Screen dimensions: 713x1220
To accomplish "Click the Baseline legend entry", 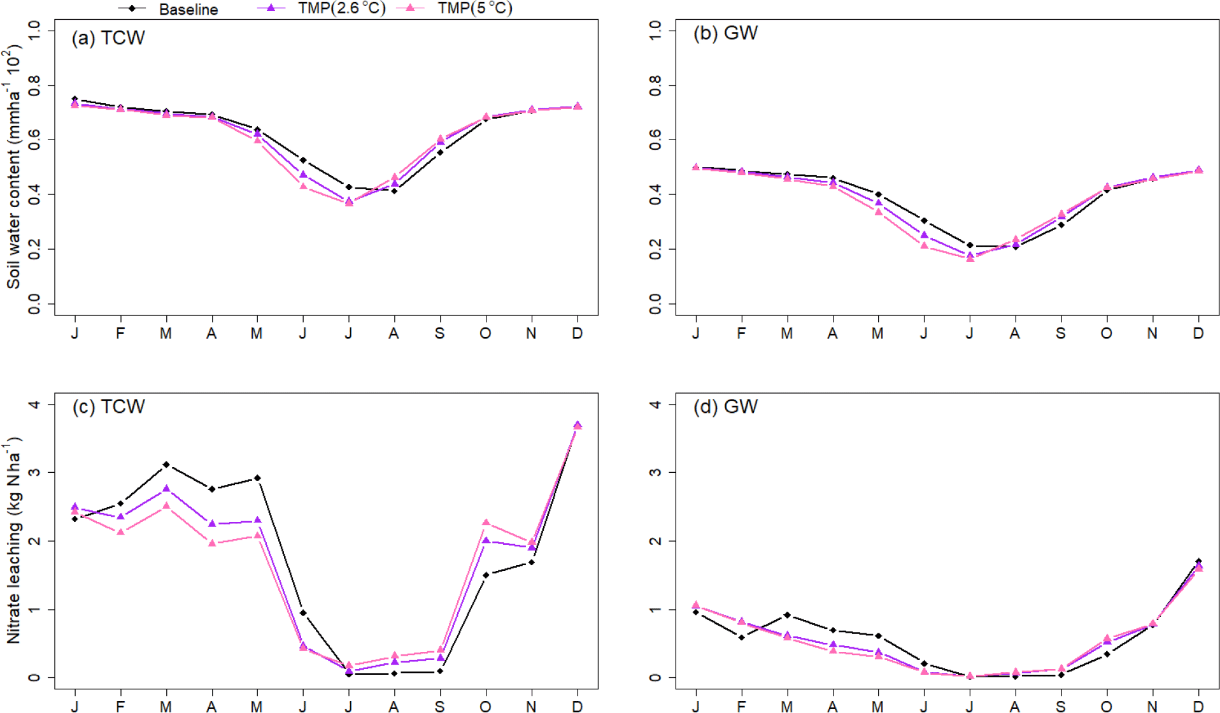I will [x=188, y=10].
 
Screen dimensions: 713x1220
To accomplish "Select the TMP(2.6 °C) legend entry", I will [x=341, y=8].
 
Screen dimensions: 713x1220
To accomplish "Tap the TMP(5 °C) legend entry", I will [x=474, y=8].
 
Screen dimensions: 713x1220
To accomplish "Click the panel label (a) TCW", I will [x=108, y=38].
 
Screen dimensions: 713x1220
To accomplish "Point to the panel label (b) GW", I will [x=725, y=33].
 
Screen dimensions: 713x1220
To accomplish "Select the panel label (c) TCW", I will [x=108, y=407].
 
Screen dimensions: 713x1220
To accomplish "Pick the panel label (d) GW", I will [x=725, y=407].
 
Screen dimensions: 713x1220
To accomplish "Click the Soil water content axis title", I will [x=14, y=167].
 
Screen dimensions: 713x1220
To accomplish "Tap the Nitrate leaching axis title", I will [x=14, y=540].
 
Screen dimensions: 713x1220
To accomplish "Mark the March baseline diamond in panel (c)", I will [x=166, y=465].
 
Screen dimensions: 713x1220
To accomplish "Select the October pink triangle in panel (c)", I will [x=486, y=522].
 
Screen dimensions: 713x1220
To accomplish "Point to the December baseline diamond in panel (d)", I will [x=1198, y=561].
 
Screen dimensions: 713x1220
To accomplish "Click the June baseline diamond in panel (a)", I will [x=303, y=160].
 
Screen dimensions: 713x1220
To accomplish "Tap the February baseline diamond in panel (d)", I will [x=742, y=637].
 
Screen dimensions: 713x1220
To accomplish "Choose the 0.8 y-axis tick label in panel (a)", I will [x=34, y=85].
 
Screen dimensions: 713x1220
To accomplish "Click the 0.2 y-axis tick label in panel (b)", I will [x=655, y=249].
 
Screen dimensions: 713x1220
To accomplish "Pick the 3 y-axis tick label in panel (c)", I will [x=34, y=472].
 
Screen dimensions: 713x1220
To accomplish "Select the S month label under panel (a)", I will [x=439, y=333].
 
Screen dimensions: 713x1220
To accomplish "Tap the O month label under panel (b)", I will [x=1107, y=333].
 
